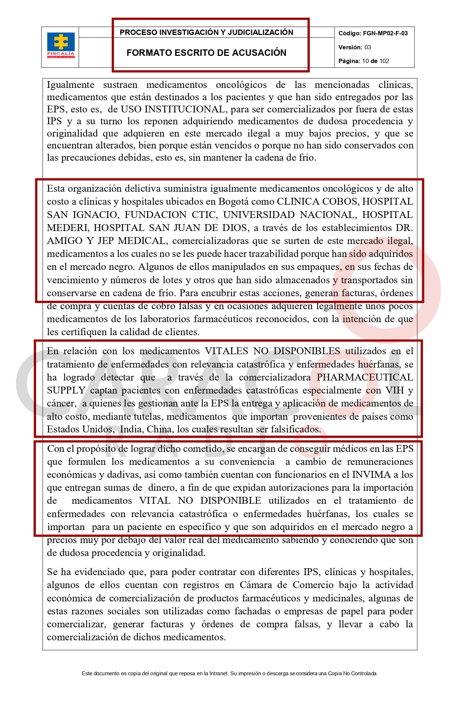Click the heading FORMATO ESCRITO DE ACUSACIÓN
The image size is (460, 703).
(x=206, y=53)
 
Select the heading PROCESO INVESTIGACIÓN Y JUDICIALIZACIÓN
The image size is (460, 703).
(x=206, y=32)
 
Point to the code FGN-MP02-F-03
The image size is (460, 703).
(x=385, y=34)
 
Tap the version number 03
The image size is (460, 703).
(x=367, y=47)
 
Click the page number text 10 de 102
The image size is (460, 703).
(x=375, y=61)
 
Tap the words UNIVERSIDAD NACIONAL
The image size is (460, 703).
(x=289, y=215)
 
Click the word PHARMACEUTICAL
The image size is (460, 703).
(x=364, y=377)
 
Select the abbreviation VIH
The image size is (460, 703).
(x=394, y=390)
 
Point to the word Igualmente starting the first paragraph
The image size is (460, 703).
(x=70, y=85)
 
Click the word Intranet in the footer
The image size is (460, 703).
(x=218, y=673)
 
